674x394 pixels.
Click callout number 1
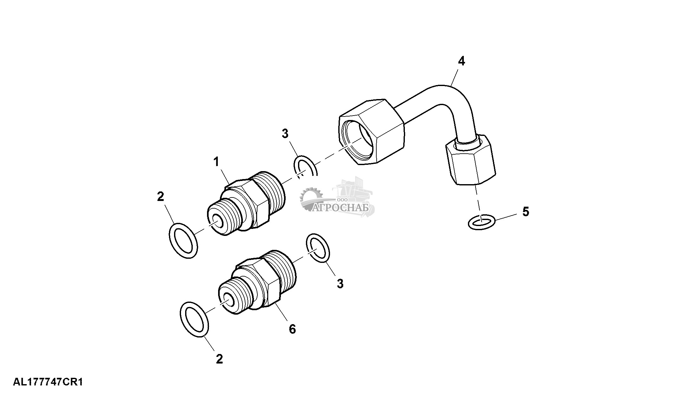pyautogui.click(x=216, y=162)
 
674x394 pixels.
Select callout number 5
pyautogui.click(x=526, y=211)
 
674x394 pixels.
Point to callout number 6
pyautogui.click(x=292, y=329)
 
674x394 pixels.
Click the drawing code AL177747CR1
pyautogui.click(x=48, y=382)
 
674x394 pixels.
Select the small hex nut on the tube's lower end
pyautogui.click(x=470, y=159)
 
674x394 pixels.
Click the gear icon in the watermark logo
pyautogui.click(x=310, y=199)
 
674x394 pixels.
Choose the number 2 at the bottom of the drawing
pyautogui.click(x=219, y=359)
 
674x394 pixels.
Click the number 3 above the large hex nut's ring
pyautogui.click(x=285, y=134)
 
